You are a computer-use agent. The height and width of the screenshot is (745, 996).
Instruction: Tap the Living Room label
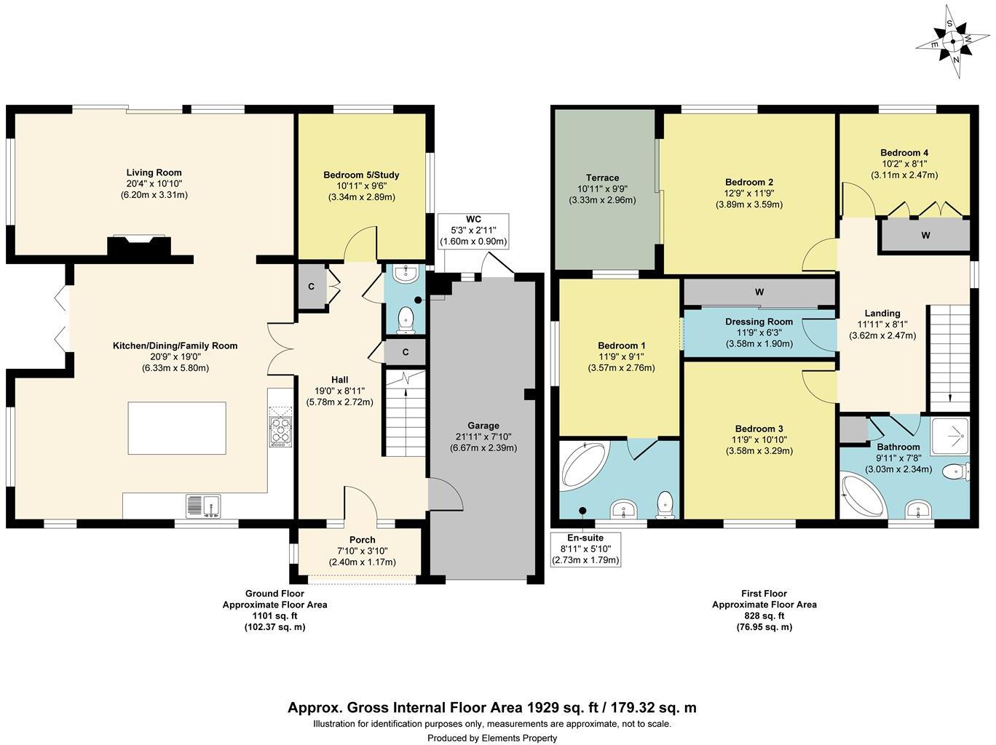[x=154, y=173]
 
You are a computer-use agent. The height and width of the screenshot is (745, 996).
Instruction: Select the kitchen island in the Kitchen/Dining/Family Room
[x=177, y=428]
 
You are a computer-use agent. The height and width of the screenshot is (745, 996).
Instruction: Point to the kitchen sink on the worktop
[x=203, y=505]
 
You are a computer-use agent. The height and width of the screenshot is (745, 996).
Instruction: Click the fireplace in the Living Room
[x=138, y=247]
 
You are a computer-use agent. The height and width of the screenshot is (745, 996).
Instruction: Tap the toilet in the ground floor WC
[x=406, y=319]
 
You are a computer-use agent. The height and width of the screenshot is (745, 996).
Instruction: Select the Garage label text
[x=483, y=426]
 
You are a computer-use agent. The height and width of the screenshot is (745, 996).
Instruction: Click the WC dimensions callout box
[x=473, y=231]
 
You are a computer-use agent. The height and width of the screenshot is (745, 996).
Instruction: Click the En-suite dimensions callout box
[x=585, y=549]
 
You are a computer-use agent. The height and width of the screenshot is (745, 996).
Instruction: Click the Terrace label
[x=602, y=178]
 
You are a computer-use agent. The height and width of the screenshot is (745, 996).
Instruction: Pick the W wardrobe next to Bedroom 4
[x=925, y=236]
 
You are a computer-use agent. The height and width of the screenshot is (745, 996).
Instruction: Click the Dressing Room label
[x=759, y=322]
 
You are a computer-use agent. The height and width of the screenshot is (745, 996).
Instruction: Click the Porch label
[x=362, y=540]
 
